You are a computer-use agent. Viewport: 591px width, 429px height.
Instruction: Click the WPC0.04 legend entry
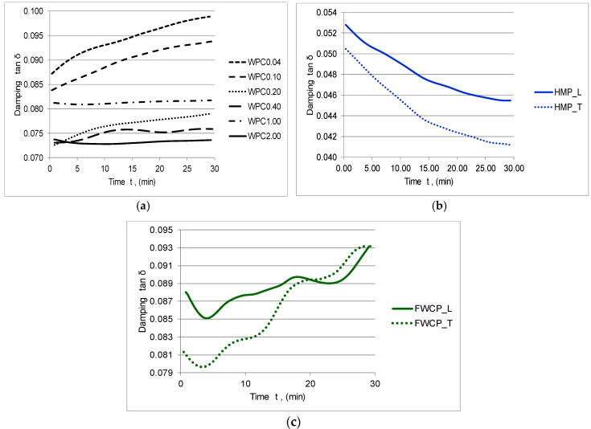tap(256, 62)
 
